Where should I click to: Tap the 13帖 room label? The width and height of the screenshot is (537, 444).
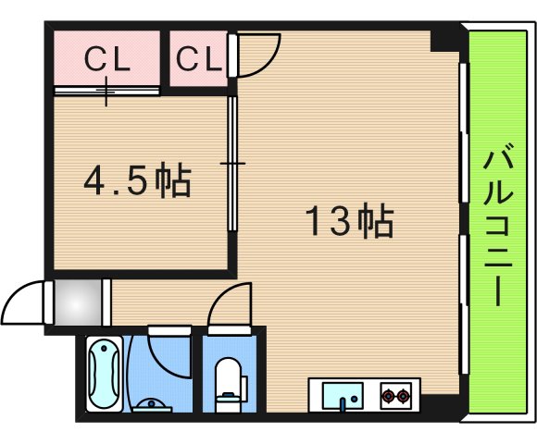(x=349, y=221)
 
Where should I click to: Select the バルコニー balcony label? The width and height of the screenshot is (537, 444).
(x=498, y=225)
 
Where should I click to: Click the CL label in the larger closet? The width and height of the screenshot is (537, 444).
(x=107, y=59)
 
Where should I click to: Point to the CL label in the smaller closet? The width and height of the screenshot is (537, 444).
(x=199, y=59)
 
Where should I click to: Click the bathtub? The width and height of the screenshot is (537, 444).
(x=104, y=374)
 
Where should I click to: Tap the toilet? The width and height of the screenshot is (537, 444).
(x=229, y=384)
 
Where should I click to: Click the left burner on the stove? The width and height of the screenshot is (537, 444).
(x=389, y=396)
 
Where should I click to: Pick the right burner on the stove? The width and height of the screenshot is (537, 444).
(x=403, y=396)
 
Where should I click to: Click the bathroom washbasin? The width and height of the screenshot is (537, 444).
(x=152, y=405)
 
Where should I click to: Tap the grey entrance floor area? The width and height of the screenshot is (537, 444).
(x=79, y=302)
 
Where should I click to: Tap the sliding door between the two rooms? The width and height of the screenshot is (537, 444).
(x=232, y=164)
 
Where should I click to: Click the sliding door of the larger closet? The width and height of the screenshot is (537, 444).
(x=106, y=91)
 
